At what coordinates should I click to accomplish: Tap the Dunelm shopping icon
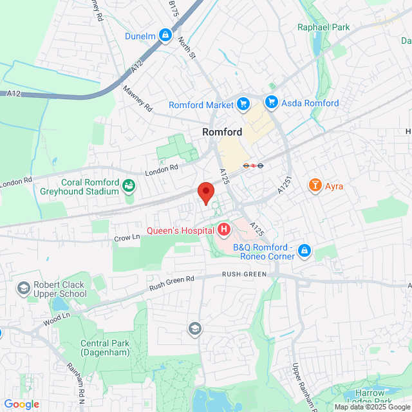(x=165, y=34)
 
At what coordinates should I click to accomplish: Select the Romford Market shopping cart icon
(x=243, y=104)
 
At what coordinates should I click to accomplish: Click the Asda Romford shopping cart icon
(x=271, y=102)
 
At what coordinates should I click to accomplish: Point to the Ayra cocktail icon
(x=315, y=187)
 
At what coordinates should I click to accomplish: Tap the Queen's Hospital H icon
(x=224, y=229)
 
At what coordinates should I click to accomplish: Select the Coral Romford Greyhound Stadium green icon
(x=129, y=187)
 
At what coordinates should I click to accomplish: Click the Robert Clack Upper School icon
(x=24, y=287)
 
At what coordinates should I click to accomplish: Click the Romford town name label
(x=222, y=132)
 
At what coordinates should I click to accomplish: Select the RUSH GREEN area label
(x=244, y=274)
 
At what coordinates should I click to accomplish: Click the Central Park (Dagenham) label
(x=105, y=348)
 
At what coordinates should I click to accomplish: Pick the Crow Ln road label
(x=127, y=238)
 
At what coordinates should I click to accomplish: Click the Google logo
(x=21, y=404)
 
